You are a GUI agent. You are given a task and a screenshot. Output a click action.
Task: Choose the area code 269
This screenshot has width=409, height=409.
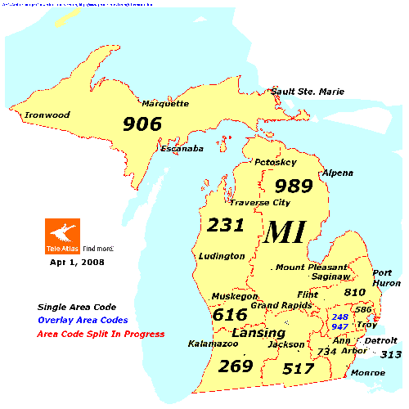(236, 366)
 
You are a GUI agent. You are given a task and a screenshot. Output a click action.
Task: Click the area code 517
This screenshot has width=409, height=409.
(298, 369)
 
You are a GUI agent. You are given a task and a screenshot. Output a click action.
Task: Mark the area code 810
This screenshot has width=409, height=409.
(354, 292)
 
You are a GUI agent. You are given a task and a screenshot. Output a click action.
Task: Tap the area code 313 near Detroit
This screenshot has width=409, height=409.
(391, 354)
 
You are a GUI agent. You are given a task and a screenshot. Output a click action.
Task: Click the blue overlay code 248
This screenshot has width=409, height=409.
(339, 316)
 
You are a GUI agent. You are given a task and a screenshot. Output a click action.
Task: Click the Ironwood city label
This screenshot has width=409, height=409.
(48, 115)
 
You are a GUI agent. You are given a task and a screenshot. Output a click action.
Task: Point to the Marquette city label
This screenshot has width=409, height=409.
(165, 104)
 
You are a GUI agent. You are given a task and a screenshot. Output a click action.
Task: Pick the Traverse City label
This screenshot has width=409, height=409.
(259, 202)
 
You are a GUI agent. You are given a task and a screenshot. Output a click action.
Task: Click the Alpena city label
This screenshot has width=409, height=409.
(338, 173)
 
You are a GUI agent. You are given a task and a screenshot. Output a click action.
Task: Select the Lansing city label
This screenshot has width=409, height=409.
(258, 334)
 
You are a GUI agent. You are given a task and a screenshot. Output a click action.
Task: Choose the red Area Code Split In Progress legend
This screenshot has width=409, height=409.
(101, 334)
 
